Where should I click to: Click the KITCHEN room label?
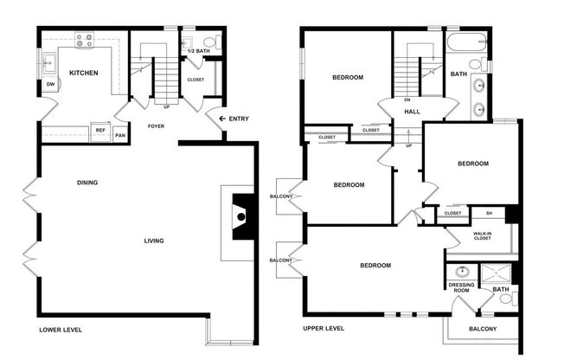coord(83,73)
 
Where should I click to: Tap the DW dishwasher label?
coord(51,84)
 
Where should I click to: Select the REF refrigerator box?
coord(100,131)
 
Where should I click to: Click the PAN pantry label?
coord(120,135)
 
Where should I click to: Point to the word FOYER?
coord(156,126)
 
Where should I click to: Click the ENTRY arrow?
coord(223,119)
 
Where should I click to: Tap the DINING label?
coord(87,183)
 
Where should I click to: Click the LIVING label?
coord(153,241)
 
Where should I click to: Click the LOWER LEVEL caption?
coord(61,330)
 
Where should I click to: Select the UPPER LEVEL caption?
coord(324,329)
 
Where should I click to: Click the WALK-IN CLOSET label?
coord(483,235)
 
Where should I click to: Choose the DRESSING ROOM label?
coord(458,288)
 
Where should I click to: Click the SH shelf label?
coord(489,213)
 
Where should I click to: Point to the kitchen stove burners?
coord(87,37)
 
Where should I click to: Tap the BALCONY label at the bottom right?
coord(483,329)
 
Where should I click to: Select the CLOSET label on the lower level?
coord(195,80)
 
